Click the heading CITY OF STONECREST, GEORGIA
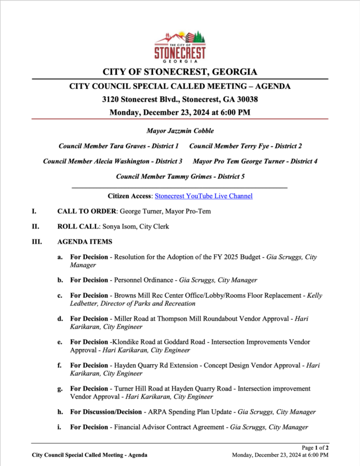(180, 72)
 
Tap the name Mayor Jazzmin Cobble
(180, 131)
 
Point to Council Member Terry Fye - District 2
(246, 146)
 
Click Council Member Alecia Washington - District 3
(112, 161)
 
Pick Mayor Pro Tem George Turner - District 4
(255, 161)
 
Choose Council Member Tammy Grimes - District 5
(180, 176)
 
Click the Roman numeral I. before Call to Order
(34, 212)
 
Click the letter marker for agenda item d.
(60, 319)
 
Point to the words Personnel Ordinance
(143, 280)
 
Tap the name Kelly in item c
(313, 295)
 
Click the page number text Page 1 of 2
(315, 447)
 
